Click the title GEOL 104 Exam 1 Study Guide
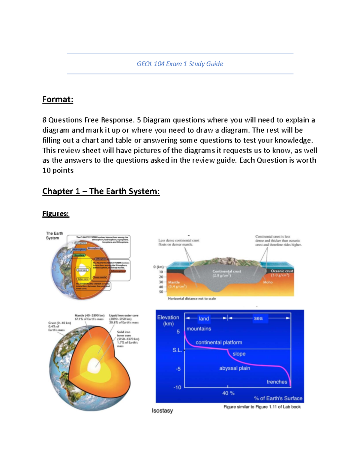[x=180, y=64]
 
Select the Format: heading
[x=58, y=99]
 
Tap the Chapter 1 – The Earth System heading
[x=101, y=191]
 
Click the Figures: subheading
[x=55, y=214]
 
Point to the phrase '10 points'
[x=58, y=170]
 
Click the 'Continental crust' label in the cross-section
[x=226, y=271]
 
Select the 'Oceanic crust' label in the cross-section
[x=282, y=271]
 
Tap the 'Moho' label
[x=268, y=282]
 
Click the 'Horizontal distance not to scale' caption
[x=192, y=299]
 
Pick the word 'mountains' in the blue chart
[x=199, y=329]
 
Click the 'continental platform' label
[x=219, y=342]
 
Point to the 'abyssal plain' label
[x=235, y=368]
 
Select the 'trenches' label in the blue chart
[x=277, y=382]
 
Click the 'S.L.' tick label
[x=177, y=350]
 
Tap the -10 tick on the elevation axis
[x=177, y=387]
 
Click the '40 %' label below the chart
[x=228, y=393]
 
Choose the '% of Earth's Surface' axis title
[x=278, y=398]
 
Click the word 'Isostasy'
[x=162, y=410]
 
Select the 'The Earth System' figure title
[x=54, y=236]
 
